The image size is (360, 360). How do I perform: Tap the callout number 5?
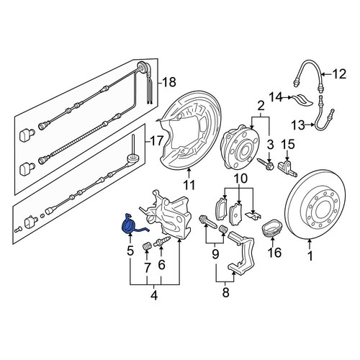130,251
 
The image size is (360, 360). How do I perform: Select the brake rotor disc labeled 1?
315,205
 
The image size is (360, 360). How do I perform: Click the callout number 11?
189,185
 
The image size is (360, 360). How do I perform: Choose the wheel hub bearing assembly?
240,146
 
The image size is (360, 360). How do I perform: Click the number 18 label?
169,82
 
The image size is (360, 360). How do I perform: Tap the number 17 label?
157,141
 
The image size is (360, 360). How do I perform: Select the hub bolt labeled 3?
266,164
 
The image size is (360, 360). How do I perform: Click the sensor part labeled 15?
287,168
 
